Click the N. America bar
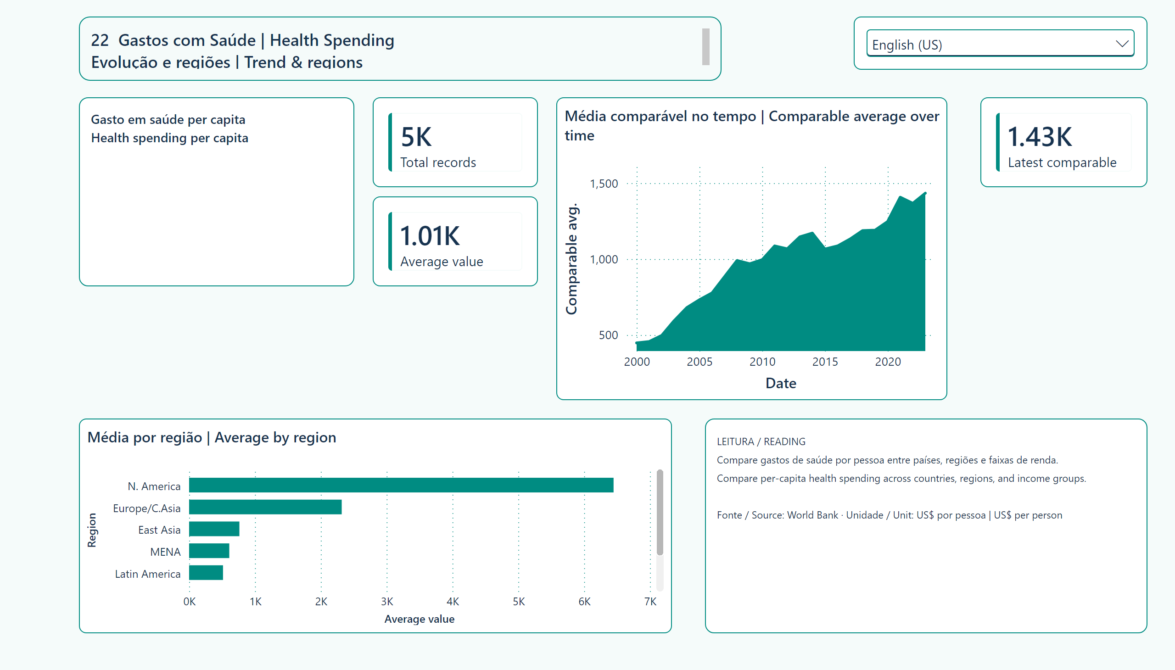pos(401,485)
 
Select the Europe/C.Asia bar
pos(265,507)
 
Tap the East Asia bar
pos(214,529)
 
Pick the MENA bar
pos(209,551)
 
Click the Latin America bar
pos(206,573)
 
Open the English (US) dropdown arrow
pos(1122,44)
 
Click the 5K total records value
pos(416,137)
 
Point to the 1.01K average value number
pos(430,235)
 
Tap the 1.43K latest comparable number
pos(1040,137)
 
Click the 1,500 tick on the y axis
pos(604,184)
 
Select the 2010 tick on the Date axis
pos(762,362)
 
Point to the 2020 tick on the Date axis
pos(888,362)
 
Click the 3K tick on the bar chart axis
pos(387,602)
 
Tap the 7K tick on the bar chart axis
pos(650,602)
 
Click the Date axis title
pos(781,383)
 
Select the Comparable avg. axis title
pos(571,259)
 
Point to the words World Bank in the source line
pos(812,515)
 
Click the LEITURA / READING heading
pos(761,441)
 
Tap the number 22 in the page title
pos(100,40)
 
